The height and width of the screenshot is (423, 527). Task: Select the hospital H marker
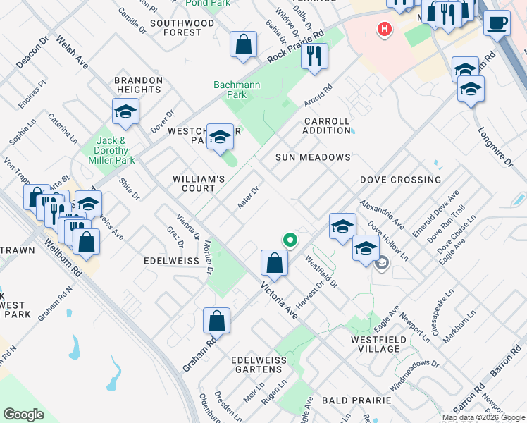pyautogui.click(x=384, y=30)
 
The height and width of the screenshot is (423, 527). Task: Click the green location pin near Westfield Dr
pyautogui.click(x=289, y=240)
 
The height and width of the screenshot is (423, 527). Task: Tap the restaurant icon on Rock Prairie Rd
pyautogui.click(x=314, y=56)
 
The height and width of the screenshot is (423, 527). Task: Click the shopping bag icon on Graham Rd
pyautogui.click(x=216, y=320)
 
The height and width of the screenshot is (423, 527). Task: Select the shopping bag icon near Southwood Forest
pyautogui.click(x=243, y=44)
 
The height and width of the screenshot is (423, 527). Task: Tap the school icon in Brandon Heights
pyautogui.click(x=125, y=111)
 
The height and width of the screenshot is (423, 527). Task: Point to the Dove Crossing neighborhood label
pyautogui.click(x=400, y=180)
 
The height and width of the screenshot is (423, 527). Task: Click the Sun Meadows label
pyautogui.click(x=313, y=157)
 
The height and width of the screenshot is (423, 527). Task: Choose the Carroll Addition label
pyautogui.click(x=327, y=126)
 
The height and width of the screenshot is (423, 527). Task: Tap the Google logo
pyautogui.click(x=25, y=415)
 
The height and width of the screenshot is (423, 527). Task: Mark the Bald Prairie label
pyautogui.click(x=356, y=400)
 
